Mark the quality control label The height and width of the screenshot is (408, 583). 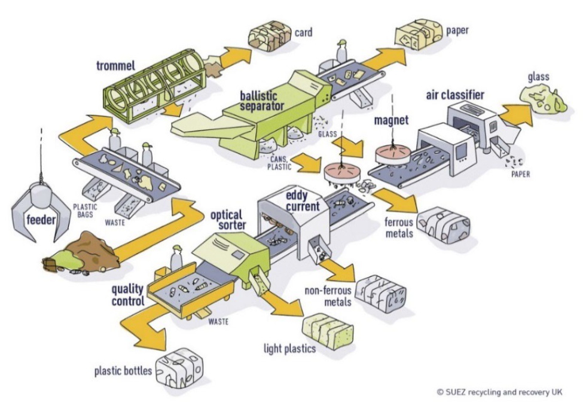[127, 296]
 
